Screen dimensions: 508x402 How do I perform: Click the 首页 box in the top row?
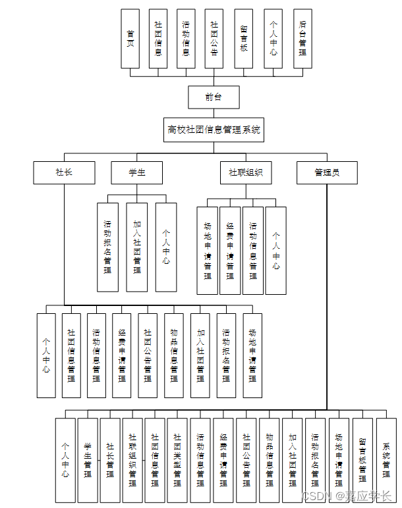tap(130, 39)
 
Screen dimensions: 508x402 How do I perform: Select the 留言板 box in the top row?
tap(243, 39)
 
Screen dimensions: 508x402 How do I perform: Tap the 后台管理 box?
tap(302, 39)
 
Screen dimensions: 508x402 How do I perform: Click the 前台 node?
tap(213, 97)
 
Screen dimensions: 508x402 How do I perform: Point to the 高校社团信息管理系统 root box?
tap(214, 130)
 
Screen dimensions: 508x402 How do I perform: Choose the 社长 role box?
tap(64, 172)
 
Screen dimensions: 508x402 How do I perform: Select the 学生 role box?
tap(136, 172)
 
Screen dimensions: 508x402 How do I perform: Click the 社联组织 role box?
tap(245, 172)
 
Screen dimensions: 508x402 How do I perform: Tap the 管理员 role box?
tap(327, 172)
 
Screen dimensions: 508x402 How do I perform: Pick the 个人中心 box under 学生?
tap(166, 247)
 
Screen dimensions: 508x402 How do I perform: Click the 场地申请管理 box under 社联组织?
tap(207, 251)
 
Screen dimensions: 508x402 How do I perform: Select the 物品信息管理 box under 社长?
tap(173, 355)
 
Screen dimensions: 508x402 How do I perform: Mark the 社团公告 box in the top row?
tap(214, 39)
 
